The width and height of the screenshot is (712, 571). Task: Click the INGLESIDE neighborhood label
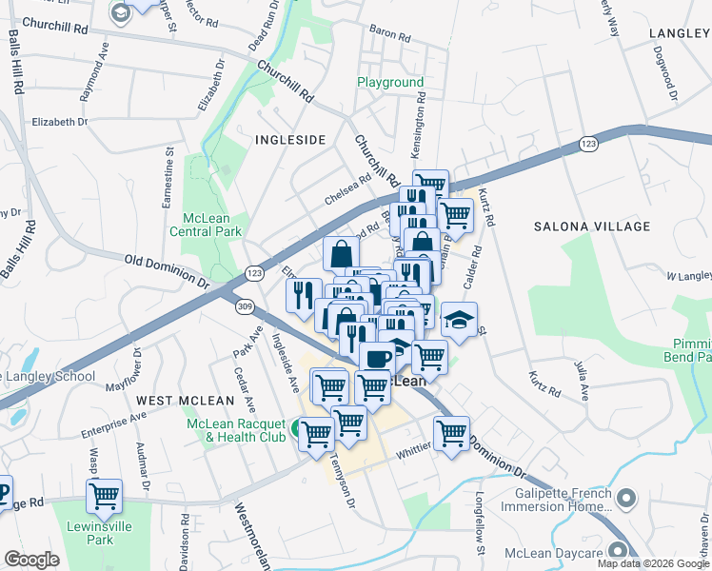pos(290,140)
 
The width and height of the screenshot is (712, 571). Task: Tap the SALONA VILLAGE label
pos(592,226)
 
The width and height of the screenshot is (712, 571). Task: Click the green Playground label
pos(390,83)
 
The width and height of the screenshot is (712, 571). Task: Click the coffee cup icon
pos(377,358)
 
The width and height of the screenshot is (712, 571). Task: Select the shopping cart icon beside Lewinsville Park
pos(104,495)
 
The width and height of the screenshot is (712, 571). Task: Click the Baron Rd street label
pos(389,39)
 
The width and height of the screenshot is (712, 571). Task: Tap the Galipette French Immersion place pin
pos(625,498)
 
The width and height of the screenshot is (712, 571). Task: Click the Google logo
pos(31,560)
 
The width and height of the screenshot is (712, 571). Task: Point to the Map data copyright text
pos(653,563)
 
